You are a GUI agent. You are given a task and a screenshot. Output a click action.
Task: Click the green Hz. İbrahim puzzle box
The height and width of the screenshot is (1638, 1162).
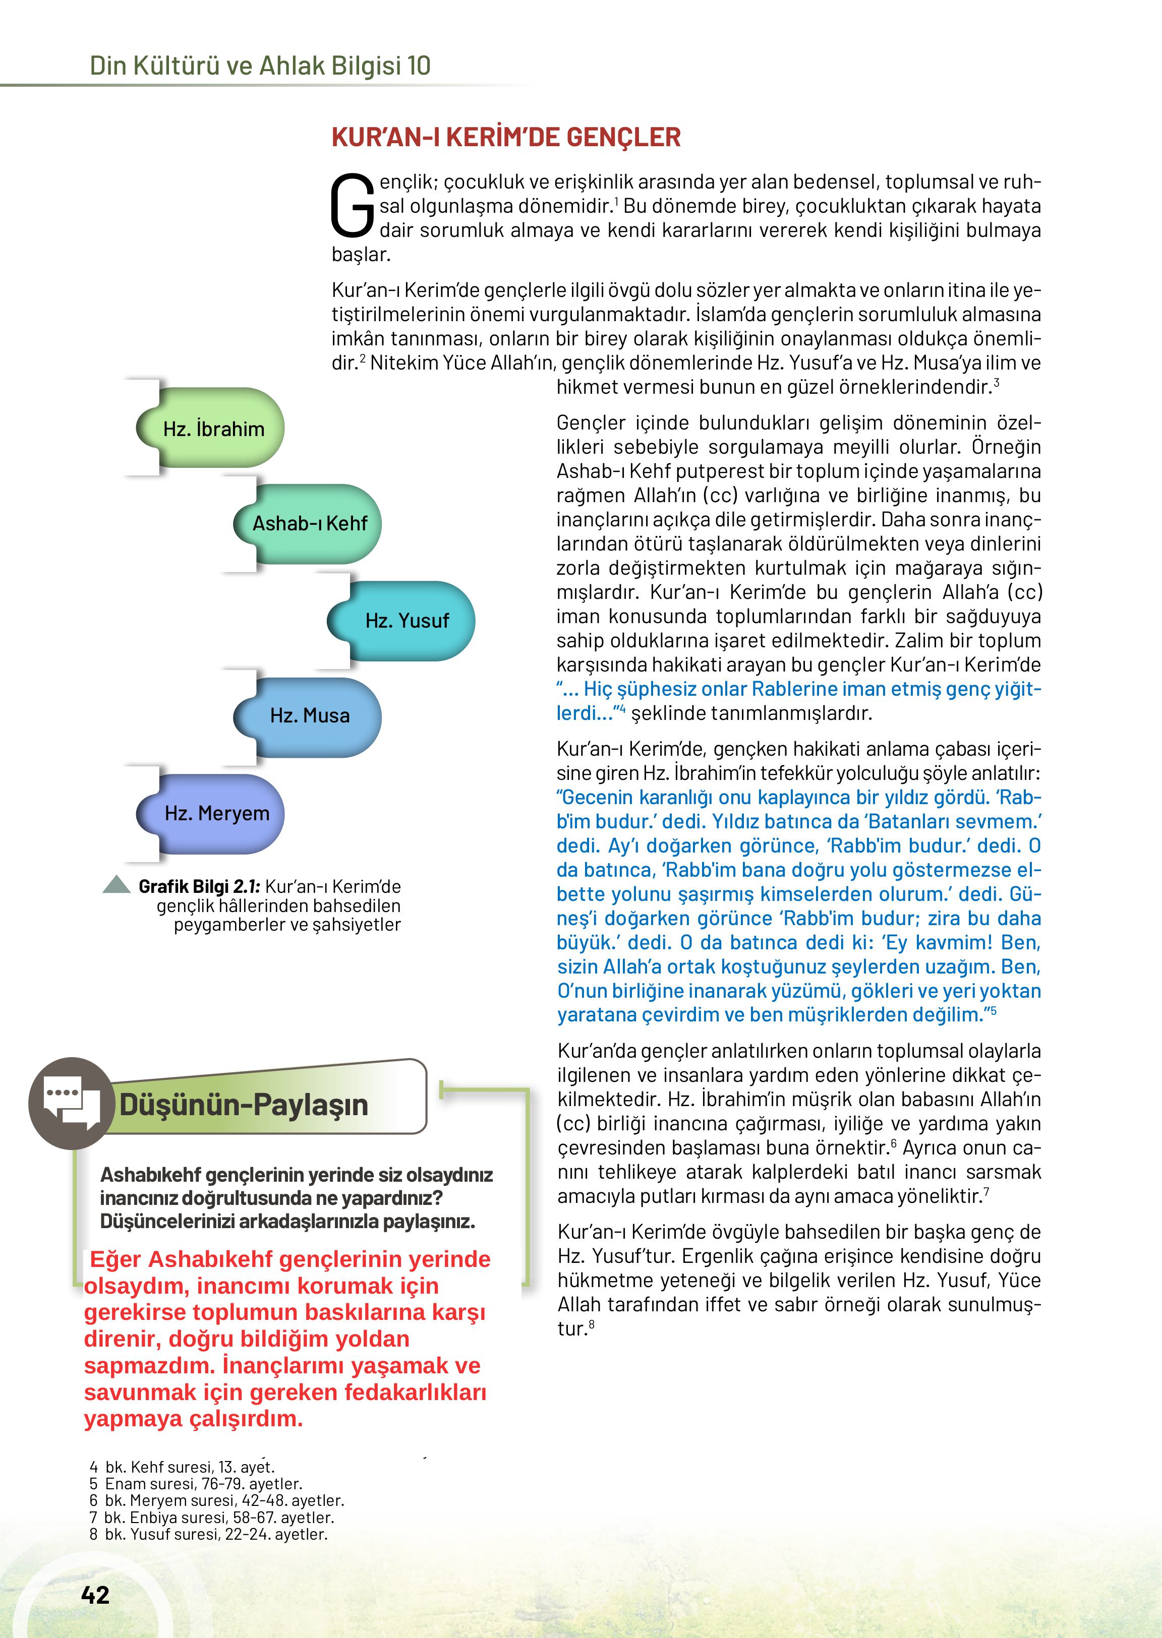pos(213,429)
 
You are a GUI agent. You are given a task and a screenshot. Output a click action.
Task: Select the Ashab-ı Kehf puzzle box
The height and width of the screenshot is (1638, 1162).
pos(309,524)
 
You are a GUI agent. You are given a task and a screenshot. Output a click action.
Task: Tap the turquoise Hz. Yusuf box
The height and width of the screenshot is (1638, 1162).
pos(406,620)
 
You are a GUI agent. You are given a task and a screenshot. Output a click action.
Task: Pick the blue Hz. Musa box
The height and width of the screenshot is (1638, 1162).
pos(310,715)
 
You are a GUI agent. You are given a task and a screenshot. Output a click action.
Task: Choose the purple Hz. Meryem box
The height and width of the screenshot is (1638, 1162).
pos(216,813)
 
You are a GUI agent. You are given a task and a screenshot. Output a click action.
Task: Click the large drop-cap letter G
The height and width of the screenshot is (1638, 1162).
pos(352,207)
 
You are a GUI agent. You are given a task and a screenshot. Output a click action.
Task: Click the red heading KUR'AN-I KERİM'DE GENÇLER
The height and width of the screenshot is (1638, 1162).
pos(506,137)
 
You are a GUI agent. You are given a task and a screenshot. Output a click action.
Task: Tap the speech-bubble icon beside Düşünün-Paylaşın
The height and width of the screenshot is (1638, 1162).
pos(71,1103)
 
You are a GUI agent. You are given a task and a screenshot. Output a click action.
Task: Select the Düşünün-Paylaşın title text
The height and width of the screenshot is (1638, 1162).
pos(243,1105)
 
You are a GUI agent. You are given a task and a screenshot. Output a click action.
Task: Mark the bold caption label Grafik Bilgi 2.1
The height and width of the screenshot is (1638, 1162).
pos(199,887)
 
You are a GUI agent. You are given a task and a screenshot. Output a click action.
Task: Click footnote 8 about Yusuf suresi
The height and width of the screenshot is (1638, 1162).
pos(209,1534)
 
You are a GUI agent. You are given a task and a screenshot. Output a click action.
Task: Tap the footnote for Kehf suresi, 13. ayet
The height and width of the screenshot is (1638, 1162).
pos(183,1467)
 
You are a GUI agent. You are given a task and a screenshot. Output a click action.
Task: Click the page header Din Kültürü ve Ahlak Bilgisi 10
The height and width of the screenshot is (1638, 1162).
pos(260,66)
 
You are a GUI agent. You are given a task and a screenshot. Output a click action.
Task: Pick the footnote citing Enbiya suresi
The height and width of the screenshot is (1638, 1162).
pos(212,1517)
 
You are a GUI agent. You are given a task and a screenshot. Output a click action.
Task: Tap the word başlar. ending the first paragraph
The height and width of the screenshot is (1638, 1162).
pos(361,255)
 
